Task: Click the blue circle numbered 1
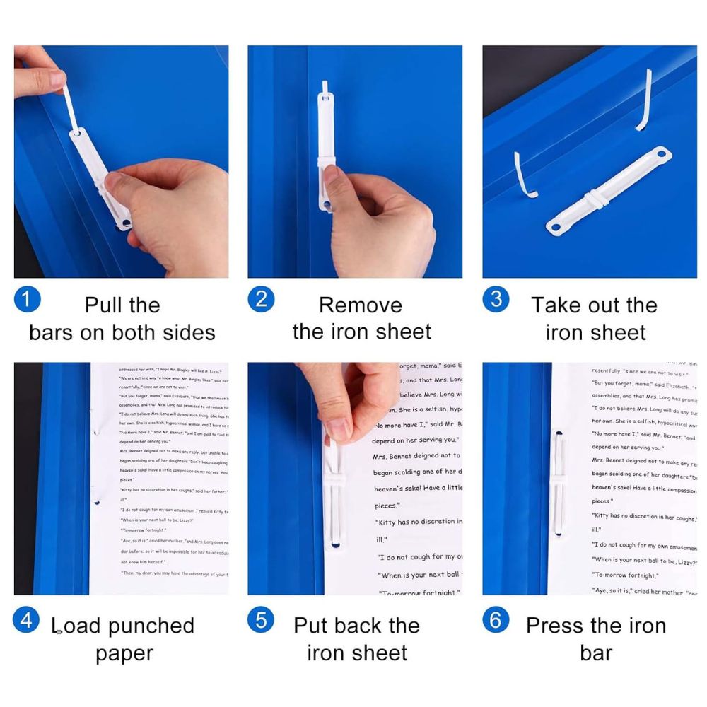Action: pos(27,299)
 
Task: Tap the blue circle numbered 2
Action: pos(261,299)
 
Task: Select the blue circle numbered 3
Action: pos(496,299)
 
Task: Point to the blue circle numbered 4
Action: pos(27,620)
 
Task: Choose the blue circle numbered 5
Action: pos(261,620)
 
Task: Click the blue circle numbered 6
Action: pos(496,620)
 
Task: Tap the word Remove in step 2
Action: pos(360,305)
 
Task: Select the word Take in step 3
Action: pos(556,305)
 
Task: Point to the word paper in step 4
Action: pos(124,653)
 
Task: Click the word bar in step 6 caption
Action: pos(596,653)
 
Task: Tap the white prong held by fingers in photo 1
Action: pos(71,106)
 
